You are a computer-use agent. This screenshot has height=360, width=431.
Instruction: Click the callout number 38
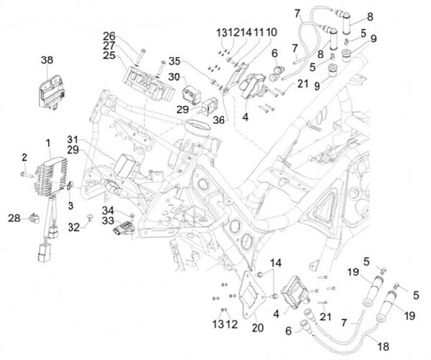pyautogui.click(x=47, y=60)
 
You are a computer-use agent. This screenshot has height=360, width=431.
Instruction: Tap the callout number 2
pyautogui.click(x=25, y=157)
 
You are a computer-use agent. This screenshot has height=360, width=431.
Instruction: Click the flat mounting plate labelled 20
pyautogui.click(x=251, y=295)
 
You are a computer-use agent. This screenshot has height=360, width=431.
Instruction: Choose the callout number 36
pyautogui.click(x=219, y=120)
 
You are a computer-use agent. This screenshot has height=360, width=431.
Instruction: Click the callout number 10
pyautogui.click(x=272, y=31)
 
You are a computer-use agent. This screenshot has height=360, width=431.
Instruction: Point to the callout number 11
pyautogui.click(x=259, y=31)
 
